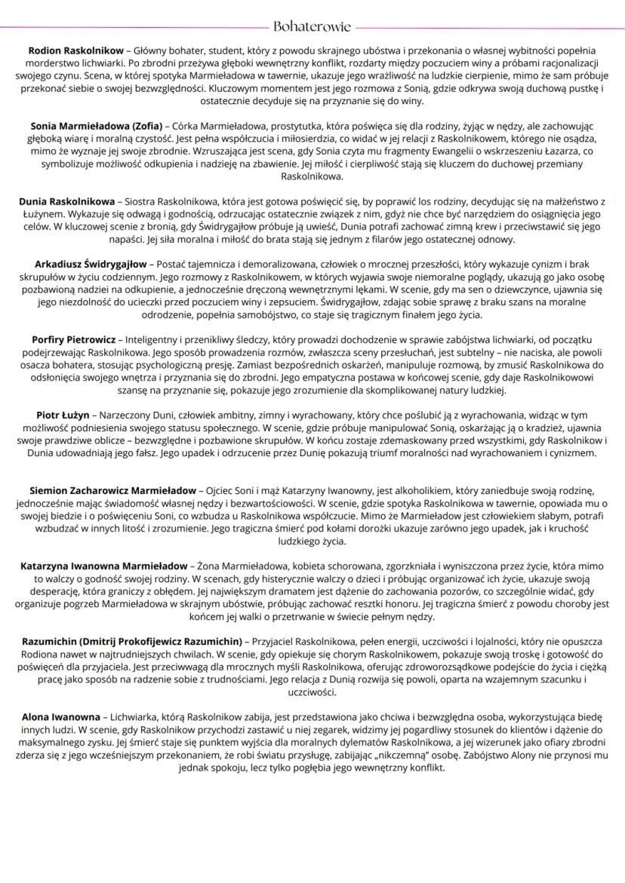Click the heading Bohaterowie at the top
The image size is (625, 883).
pos(312,27)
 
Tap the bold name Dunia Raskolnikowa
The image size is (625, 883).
pos(67,202)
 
